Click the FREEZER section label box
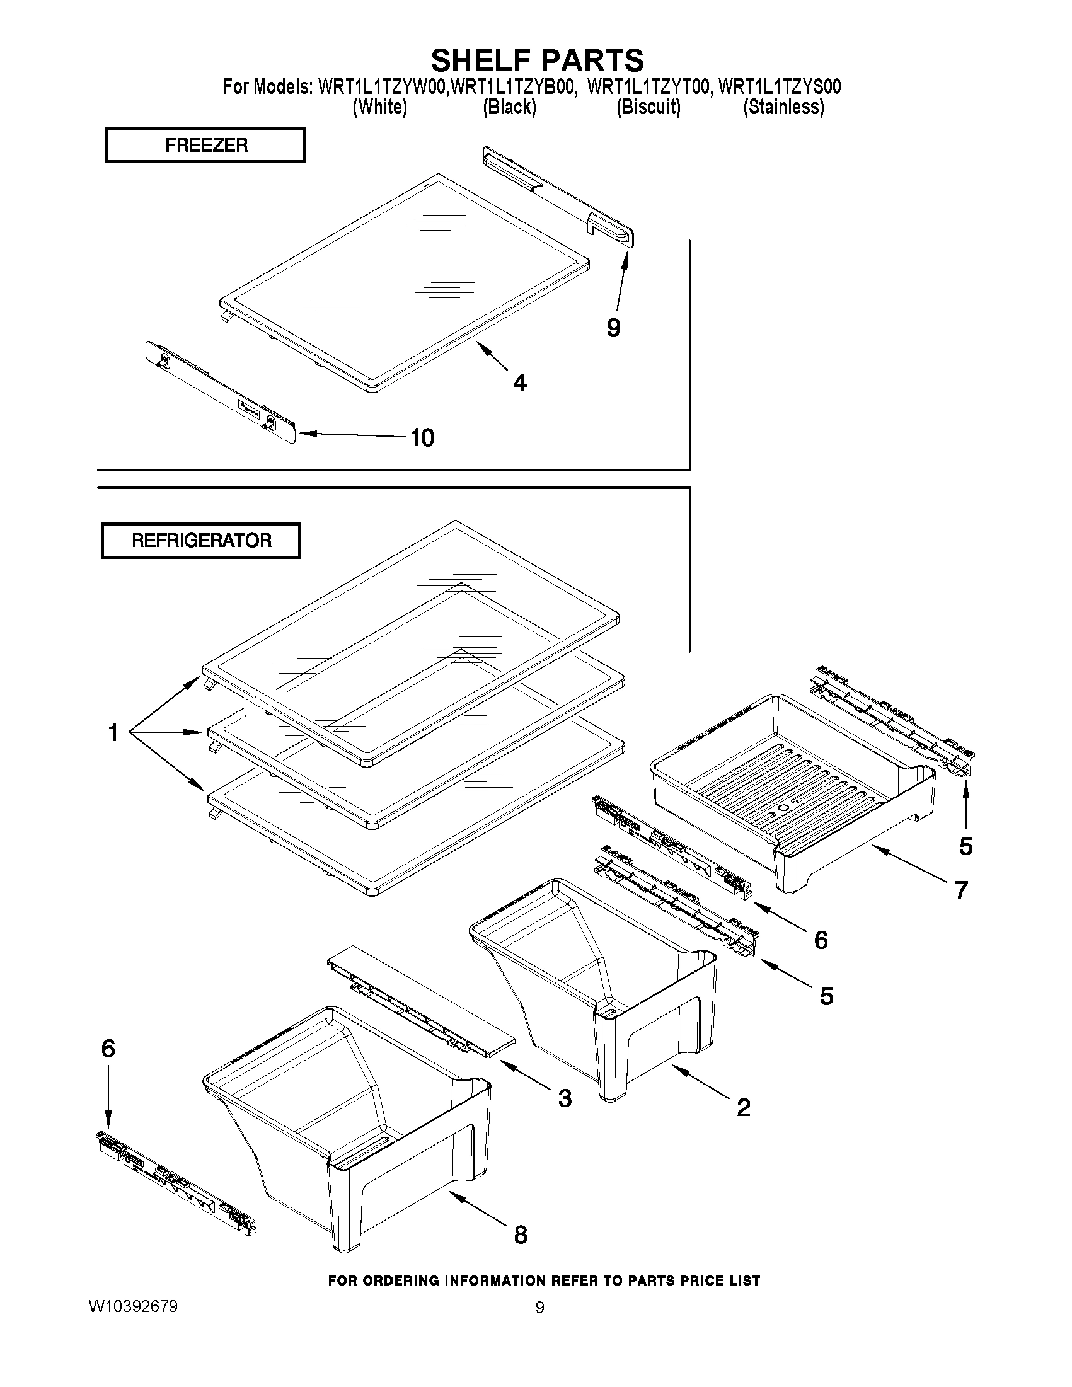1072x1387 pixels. click(205, 145)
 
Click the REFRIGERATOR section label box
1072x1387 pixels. click(200, 541)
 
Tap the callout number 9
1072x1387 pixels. click(613, 328)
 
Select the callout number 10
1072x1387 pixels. click(422, 437)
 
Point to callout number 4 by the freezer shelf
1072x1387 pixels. click(519, 383)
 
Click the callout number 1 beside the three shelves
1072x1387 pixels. click(113, 733)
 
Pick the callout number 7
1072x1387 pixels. click(961, 890)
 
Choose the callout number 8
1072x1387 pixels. click(520, 1234)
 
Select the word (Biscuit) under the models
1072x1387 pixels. click(648, 107)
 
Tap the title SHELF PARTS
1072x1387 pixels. click(538, 60)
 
